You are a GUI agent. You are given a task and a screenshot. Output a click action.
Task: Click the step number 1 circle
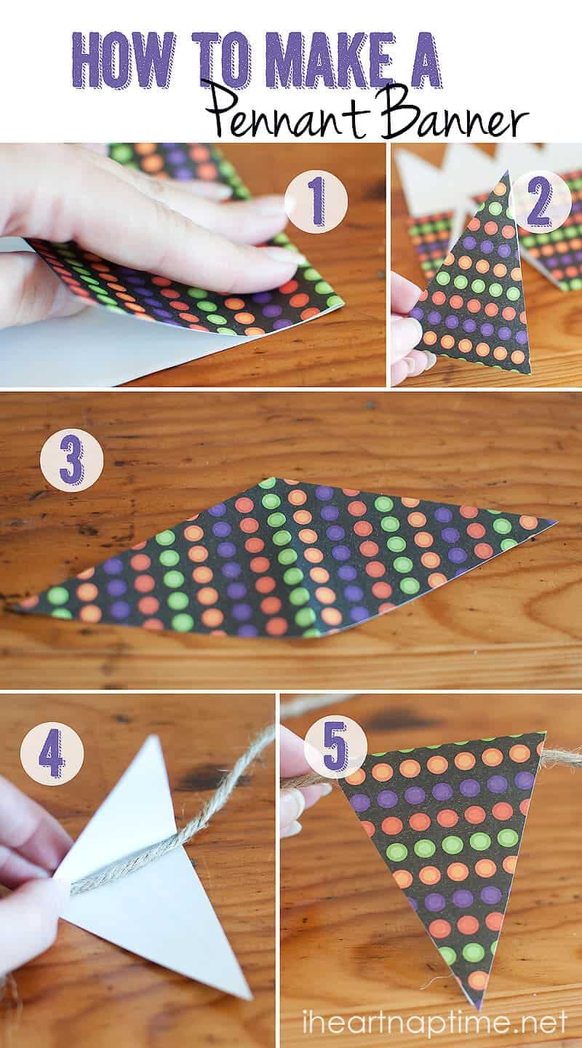(316, 204)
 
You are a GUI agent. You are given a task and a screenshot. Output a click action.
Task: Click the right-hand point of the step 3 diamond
(557, 521)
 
